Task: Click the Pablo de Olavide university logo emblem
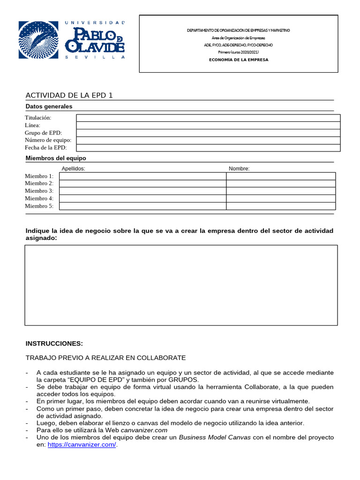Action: [38, 40]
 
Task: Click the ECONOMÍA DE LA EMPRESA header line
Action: [239, 60]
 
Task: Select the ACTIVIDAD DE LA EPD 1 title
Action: [69, 96]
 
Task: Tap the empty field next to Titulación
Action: [208, 118]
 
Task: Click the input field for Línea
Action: [208, 125]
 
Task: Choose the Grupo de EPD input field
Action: [208, 133]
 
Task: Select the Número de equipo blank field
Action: [208, 140]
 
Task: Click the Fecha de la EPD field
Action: [208, 148]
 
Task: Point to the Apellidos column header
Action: [73, 169]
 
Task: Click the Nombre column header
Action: [239, 169]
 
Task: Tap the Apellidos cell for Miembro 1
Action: [142, 176]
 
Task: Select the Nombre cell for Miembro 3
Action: [281, 191]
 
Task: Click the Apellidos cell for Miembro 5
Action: [142, 206]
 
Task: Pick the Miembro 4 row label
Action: [39, 199]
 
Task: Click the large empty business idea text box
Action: [181, 285]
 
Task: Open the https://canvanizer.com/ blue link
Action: [82, 445]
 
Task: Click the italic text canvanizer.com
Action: [144, 430]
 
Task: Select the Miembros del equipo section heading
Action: [56, 158]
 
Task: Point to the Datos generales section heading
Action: [49, 106]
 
